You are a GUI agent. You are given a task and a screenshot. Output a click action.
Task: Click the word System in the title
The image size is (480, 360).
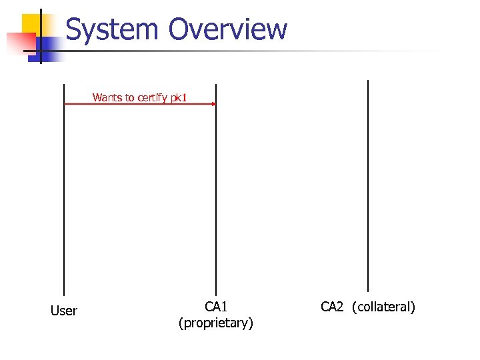coord(112,30)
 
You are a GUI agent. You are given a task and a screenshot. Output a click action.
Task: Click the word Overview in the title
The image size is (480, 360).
coord(228,30)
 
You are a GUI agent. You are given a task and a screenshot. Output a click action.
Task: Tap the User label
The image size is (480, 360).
coord(64,311)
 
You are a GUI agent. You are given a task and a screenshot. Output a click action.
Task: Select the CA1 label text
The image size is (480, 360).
coord(216,307)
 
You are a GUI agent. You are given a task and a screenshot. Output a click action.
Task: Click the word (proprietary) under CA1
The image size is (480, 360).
coord(216,323)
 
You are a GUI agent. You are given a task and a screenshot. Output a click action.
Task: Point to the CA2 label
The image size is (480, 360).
coord(332,307)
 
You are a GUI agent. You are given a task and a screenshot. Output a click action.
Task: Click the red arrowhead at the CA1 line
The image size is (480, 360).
coord(213,104)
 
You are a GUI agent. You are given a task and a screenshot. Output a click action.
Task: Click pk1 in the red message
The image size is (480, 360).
coord(179,97)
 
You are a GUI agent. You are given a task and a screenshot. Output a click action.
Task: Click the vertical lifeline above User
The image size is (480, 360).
coord(64,200)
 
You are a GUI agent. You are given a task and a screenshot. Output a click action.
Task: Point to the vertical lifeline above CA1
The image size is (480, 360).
coord(216,200)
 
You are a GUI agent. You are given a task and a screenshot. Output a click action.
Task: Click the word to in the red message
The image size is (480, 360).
coord(129,97)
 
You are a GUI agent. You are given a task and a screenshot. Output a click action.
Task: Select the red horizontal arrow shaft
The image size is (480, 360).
coord(133,104)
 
